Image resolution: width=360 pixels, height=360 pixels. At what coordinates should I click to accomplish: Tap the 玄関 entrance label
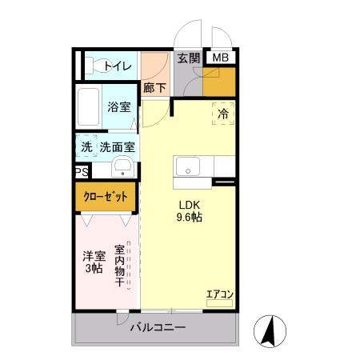click(x=189, y=58)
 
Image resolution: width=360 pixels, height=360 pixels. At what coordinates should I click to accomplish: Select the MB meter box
click(x=220, y=58)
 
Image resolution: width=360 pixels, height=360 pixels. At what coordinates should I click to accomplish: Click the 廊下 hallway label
click(x=154, y=89)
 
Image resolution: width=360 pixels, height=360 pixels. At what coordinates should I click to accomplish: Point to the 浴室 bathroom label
click(x=120, y=106)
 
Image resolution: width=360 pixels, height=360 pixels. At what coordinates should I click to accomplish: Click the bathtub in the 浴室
click(x=89, y=106)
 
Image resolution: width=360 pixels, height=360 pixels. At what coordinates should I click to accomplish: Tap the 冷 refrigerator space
click(x=223, y=114)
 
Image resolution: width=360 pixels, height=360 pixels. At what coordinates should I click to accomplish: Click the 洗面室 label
click(x=117, y=147)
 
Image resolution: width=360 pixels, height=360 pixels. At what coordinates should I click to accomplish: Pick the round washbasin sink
click(x=122, y=167)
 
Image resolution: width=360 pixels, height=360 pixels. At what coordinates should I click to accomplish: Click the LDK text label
click(x=189, y=202)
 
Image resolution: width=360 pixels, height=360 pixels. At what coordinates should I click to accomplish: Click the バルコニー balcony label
click(x=158, y=328)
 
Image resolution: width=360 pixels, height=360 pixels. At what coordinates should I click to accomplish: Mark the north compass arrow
click(x=270, y=330)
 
